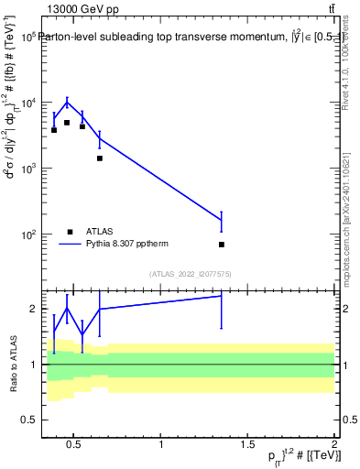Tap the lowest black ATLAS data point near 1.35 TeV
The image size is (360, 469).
[222, 245]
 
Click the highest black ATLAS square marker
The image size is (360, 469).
[67, 123]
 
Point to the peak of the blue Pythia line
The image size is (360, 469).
[67, 102]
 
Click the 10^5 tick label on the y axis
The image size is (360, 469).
[27, 37]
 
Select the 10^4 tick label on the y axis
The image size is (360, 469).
[27, 103]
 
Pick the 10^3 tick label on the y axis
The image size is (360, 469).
[27, 169]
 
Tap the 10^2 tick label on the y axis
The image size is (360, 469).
[27, 234]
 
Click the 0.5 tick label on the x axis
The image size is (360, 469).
[75, 446]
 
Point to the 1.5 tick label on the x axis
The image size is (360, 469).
[247, 446]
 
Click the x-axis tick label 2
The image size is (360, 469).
[334, 446]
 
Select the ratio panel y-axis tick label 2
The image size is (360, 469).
[34, 310]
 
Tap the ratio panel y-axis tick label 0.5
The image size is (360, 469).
[30, 420]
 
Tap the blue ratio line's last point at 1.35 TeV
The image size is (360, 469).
[222, 295]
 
